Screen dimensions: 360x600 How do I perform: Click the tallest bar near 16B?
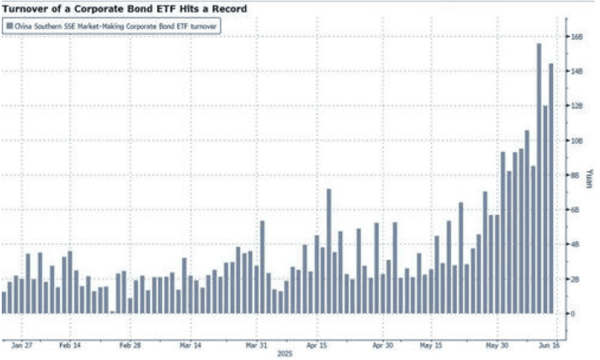(539, 178)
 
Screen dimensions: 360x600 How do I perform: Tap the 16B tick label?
(576, 37)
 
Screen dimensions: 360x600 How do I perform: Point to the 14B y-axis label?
(576, 72)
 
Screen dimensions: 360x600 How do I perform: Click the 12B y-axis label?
(576, 106)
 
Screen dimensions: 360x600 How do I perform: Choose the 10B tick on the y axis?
(576, 141)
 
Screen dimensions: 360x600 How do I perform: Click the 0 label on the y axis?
(573, 314)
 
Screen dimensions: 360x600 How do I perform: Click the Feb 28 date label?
(129, 345)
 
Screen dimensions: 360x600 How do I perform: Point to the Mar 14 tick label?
(190, 345)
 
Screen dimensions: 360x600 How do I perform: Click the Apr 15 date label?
(317, 345)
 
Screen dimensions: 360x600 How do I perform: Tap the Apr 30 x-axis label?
(382, 345)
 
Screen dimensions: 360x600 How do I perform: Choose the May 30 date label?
(497, 345)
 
